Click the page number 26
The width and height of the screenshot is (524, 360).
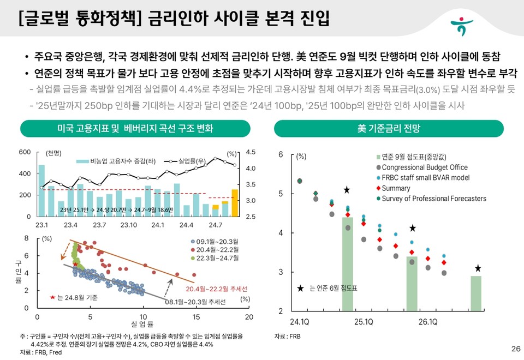tap(515, 349)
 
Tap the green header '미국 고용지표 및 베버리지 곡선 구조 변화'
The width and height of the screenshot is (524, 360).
tap(135, 129)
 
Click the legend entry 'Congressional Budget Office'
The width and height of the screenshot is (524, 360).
tap(424, 167)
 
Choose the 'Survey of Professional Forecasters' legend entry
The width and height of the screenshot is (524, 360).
tap(433, 199)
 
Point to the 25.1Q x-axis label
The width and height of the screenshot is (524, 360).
tap(364, 321)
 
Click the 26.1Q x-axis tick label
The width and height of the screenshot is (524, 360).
tap(427, 321)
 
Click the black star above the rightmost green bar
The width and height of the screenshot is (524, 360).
tap(478, 268)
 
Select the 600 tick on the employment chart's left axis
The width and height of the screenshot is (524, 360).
tap(25, 152)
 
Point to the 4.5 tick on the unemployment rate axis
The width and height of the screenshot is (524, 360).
tap(251, 153)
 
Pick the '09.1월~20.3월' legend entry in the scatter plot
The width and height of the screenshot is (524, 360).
tap(211, 241)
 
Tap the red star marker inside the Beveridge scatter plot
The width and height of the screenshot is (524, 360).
tap(75, 264)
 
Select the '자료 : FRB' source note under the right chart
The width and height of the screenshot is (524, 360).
tap(287, 337)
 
